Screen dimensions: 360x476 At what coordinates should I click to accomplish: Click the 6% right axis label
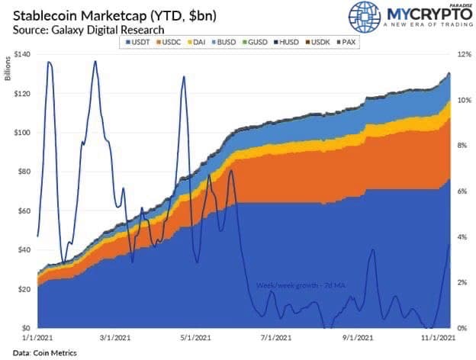point(463,191)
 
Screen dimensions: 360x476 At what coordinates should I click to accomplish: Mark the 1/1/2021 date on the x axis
point(37,337)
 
